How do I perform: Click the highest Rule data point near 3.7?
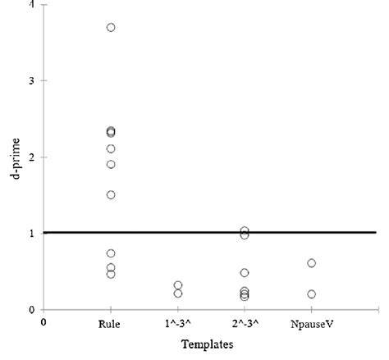click(x=111, y=28)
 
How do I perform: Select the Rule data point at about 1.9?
click(x=111, y=164)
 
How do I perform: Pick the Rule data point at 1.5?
click(x=111, y=195)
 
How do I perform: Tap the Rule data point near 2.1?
click(x=111, y=148)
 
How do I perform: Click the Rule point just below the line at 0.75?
click(x=111, y=253)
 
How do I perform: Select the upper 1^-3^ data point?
click(x=178, y=285)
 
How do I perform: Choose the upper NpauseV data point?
click(x=311, y=263)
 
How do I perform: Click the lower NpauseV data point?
click(x=311, y=294)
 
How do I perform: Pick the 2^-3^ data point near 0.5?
click(x=245, y=273)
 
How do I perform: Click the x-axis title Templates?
click(x=207, y=344)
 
